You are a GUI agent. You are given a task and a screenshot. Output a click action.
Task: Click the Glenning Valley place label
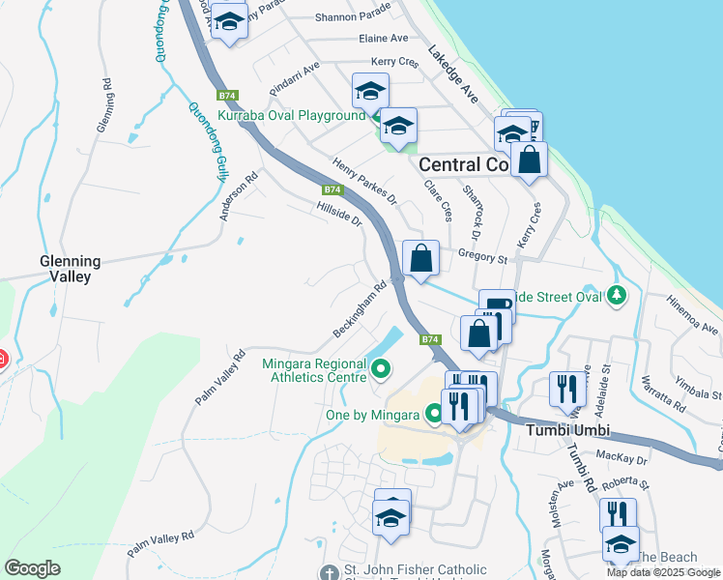pos(65,269)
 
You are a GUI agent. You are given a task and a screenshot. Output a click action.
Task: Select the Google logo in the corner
pos(32,568)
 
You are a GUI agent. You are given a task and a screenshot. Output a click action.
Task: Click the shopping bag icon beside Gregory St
pos(420,259)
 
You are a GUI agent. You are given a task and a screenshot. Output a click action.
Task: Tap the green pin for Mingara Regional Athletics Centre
pos(381,368)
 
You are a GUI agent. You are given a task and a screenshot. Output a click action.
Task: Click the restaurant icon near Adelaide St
pos(567,389)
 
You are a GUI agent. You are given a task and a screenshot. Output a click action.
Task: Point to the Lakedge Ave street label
pos(454,75)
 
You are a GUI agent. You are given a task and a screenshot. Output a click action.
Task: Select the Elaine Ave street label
pos(383,39)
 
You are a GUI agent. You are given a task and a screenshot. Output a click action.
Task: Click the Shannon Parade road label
pos(353,14)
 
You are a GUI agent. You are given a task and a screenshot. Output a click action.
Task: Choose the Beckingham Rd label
pos(360,309)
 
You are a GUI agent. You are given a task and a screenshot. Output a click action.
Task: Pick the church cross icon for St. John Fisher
pos(330,571)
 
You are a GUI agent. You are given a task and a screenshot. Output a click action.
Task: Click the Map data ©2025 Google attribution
pos(663,572)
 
